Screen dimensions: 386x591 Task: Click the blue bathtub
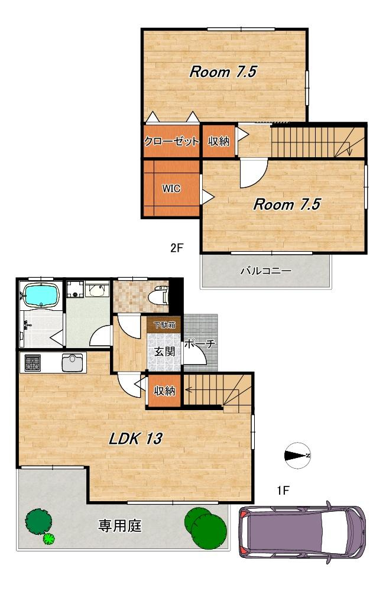(41, 295)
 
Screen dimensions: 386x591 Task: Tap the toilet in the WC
(158, 295)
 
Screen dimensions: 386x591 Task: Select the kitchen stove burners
(33, 363)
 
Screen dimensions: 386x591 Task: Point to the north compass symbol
(298, 456)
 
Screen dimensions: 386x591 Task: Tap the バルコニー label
(266, 271)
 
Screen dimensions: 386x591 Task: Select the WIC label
(171, 188)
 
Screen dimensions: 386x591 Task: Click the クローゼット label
(171, 141)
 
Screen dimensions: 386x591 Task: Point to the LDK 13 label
(136, 439)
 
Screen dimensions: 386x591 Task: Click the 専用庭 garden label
(119, 525)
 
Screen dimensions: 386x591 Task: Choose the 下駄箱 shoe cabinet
(164, 324)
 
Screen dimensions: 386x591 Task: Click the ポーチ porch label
(199, 343)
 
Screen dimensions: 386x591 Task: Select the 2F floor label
(176, 248)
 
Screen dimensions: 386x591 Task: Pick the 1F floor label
(283, 491)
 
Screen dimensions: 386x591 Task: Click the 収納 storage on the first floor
(165, 391)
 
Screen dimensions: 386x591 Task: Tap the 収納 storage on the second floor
(219, 141)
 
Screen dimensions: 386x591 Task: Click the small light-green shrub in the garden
(48, 538)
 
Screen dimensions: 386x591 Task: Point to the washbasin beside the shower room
(98, 290)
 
